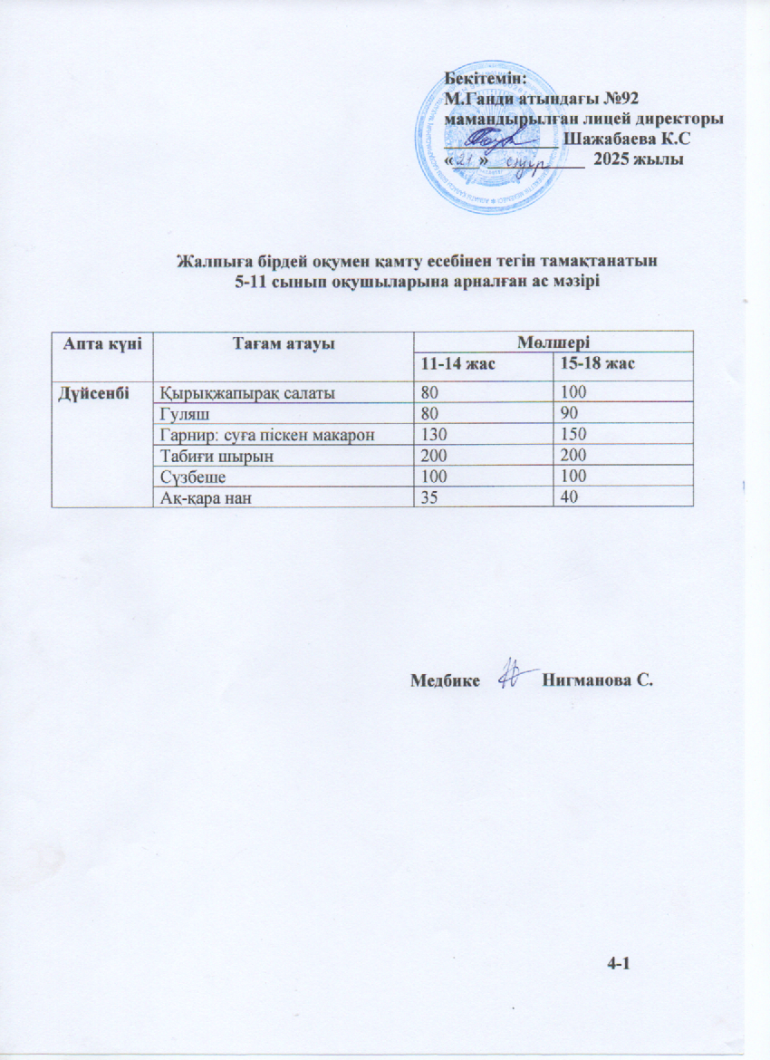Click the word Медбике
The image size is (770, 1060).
click(x=445, y=679)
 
